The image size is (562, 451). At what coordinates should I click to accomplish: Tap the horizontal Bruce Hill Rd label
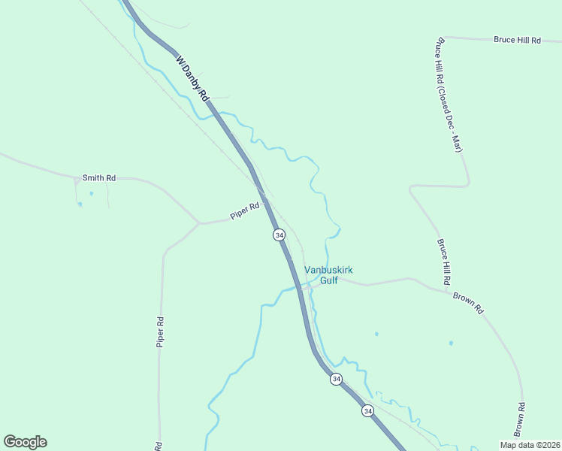pos(517,40)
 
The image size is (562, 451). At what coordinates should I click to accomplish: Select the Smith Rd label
pos(99,178)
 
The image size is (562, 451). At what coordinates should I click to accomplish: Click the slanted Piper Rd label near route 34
pos(245,210)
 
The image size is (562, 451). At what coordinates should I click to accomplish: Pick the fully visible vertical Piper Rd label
pos(160,331)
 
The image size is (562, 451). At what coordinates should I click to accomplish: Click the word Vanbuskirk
pos(328,271)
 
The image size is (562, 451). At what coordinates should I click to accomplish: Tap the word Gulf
pos(328,281)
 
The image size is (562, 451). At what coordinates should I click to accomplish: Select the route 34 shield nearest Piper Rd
pos(279,235)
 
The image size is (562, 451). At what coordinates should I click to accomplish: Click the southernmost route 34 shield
pos(367,410)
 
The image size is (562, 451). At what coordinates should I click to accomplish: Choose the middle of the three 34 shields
pos(336,379)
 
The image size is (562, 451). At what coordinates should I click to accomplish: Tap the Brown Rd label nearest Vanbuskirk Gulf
pos(467,298)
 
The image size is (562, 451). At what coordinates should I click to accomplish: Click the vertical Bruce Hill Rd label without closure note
pos(443,261)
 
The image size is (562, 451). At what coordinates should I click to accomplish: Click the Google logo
pos(25,442)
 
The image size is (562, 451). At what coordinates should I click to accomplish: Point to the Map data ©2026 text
pos(529,445)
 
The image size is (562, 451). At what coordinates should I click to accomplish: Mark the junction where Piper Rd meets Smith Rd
pos(198,223)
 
